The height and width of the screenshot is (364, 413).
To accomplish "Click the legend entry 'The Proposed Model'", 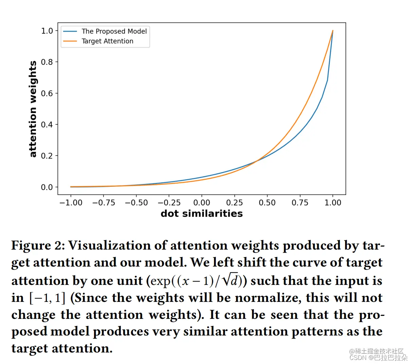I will pos(114,31).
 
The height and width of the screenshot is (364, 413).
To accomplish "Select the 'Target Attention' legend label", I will pos(107,41).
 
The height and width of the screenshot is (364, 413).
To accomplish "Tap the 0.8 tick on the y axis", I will pos(47,62).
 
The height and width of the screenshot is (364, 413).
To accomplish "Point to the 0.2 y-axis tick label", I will pos(47,156).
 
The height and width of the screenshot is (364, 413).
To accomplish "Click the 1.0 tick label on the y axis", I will pos(47,31).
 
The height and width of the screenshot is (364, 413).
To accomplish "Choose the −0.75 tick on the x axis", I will pos(104,203).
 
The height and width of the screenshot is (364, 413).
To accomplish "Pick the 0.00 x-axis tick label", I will pos(202,203).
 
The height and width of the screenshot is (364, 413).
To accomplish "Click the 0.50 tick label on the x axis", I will pos(267,203).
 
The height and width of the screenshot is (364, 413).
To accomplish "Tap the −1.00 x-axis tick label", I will pos(71,203).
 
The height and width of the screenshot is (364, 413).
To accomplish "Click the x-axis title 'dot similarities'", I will pos(202,214).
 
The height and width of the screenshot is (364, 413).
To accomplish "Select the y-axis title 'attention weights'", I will pos(33,109).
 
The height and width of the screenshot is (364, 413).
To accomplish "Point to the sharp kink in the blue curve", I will pos(327,80).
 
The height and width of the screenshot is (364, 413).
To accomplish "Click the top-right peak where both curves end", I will pos(333,31).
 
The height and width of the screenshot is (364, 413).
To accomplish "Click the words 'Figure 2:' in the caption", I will pos(38,245).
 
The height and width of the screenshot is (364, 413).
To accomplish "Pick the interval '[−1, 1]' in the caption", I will pos(47,298).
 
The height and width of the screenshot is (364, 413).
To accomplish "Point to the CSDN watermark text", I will pos(378,358).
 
